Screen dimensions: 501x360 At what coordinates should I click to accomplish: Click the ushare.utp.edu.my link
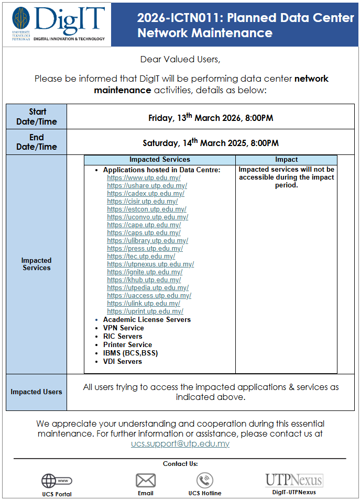[147, 186]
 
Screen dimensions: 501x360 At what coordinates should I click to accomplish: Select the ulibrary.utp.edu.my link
[147, 241]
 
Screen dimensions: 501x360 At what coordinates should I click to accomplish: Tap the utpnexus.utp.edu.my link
[150, 264]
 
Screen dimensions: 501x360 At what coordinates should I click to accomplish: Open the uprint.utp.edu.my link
[145, 311]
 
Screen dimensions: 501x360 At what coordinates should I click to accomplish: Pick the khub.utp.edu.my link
[144, 280]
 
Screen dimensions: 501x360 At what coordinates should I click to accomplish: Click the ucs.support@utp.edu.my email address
[180, 444]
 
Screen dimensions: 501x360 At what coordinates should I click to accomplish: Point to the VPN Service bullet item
[123, 328]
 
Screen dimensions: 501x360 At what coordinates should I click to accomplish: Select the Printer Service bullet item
[127, 345]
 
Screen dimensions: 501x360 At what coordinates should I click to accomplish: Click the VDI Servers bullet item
[122, 362]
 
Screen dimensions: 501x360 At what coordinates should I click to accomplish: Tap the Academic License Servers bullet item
[147, 320]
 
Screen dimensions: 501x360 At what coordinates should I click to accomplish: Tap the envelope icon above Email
[146, 480]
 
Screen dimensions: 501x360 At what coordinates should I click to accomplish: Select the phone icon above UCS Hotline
[204, 480]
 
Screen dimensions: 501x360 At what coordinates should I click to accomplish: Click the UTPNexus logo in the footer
[293, 480]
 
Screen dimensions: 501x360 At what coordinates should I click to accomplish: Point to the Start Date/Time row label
[37, 117]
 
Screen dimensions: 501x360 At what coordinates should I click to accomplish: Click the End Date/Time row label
[37, 142]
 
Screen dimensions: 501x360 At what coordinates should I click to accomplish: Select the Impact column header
[286, 160]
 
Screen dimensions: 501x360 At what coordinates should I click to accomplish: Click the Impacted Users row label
[37, 392]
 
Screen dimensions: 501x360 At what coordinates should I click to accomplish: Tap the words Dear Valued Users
[180, 59]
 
